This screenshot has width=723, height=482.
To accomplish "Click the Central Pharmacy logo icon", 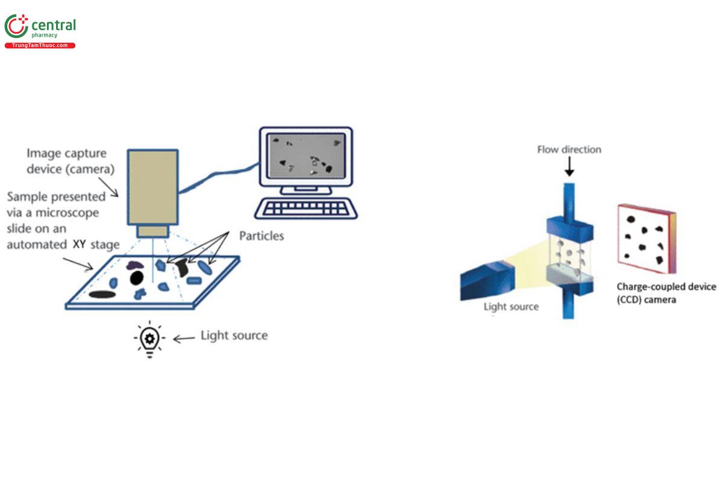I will point(16,27).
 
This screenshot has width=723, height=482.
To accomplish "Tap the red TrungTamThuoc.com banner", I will point(40,46).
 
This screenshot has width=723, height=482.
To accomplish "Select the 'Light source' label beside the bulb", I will point(234,336).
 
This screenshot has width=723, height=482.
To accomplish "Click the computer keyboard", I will point(305,208).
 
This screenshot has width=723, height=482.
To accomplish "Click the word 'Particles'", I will point(261,236).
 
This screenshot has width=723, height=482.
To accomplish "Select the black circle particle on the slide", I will point(137,277).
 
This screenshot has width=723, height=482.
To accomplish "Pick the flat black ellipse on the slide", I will point(102,295).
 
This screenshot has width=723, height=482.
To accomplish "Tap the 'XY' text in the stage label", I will point(79,245).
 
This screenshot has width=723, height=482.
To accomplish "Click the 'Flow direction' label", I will point(569,149).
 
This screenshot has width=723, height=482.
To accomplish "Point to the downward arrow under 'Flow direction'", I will point(569,168).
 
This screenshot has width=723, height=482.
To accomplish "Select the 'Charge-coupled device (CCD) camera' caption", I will point(666,293).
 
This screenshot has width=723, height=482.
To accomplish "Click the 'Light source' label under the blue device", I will point(511,307).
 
